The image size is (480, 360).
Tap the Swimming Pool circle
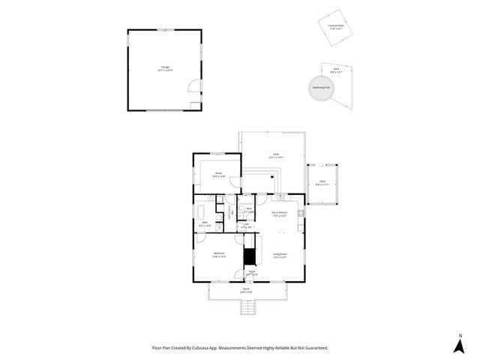[321, 86]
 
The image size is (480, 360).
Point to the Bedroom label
[218, 255]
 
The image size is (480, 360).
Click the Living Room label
[281, 255]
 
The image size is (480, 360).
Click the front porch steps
[248, 307]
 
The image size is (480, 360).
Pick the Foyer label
[252, 274]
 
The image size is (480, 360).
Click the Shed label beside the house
[322, 182]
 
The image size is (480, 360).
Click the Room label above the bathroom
[218, 174]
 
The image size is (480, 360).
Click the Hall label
[245, 226]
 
